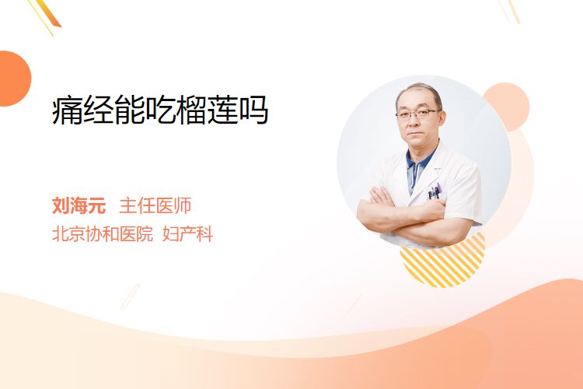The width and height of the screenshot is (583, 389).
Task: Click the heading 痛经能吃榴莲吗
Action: [x=160, y=110]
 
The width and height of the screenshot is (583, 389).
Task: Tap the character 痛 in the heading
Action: [x=68, y=110]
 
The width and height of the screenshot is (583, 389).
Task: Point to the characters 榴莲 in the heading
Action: [x=206, y=110]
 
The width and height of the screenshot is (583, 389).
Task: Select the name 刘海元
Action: [x=79, y=205]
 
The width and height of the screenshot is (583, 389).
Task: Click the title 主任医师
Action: [x=155, y=205]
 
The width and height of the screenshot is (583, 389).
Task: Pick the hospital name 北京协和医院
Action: [x=103, y=234]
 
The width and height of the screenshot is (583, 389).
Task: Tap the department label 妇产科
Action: [x=188, y=234]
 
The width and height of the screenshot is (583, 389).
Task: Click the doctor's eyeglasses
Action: [x=417, y=114]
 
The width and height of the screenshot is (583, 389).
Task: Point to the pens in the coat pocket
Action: [x=435, y=191]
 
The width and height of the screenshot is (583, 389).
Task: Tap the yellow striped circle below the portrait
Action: [x=443, y=261]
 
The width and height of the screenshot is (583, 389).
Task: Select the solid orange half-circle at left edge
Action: [x=15, y=79]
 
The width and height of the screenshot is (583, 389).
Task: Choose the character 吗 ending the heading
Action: [x=253, y=110]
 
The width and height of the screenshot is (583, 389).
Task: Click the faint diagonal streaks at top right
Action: [x=509, y=10]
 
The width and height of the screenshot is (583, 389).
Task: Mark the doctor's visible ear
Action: [x=442, y=118]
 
